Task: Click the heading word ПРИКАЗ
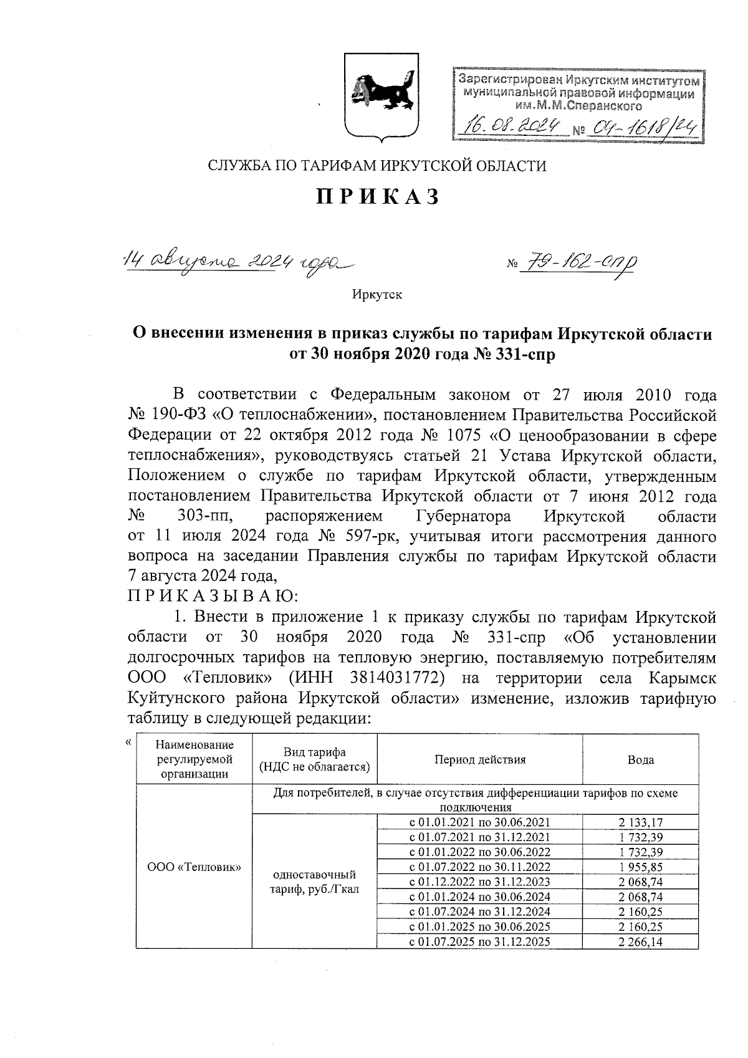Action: [x=378, y=197]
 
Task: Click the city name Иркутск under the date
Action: [x=377, y=294]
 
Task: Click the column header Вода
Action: [x=640, y=759]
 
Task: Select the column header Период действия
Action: [x=479, y=759]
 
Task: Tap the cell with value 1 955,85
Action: [x=640, y=867]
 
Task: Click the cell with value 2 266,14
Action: [x=640, y=941]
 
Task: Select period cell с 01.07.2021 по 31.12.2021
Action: [x=479, y=837]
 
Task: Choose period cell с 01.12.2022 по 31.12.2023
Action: [x=479, y=882]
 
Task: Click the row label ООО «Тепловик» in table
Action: [x=194, y=867]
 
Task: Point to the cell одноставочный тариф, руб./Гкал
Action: [x=314, y=882]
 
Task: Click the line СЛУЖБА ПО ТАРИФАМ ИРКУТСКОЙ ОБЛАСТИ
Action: [x=376, y=166]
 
